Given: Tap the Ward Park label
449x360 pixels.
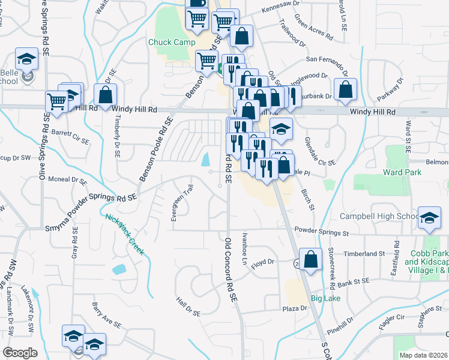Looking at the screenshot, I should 402,172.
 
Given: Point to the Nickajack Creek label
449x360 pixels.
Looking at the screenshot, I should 125,234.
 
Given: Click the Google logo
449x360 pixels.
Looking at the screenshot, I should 20,353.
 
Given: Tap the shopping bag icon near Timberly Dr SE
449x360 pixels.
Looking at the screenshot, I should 105,95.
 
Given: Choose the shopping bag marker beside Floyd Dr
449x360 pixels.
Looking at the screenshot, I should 310,260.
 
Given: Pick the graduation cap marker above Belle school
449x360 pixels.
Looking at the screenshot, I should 26,59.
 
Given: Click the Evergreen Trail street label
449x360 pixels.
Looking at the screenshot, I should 175,203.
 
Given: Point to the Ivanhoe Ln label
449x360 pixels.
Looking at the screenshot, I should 244,249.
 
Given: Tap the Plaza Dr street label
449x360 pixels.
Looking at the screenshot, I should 295,308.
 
